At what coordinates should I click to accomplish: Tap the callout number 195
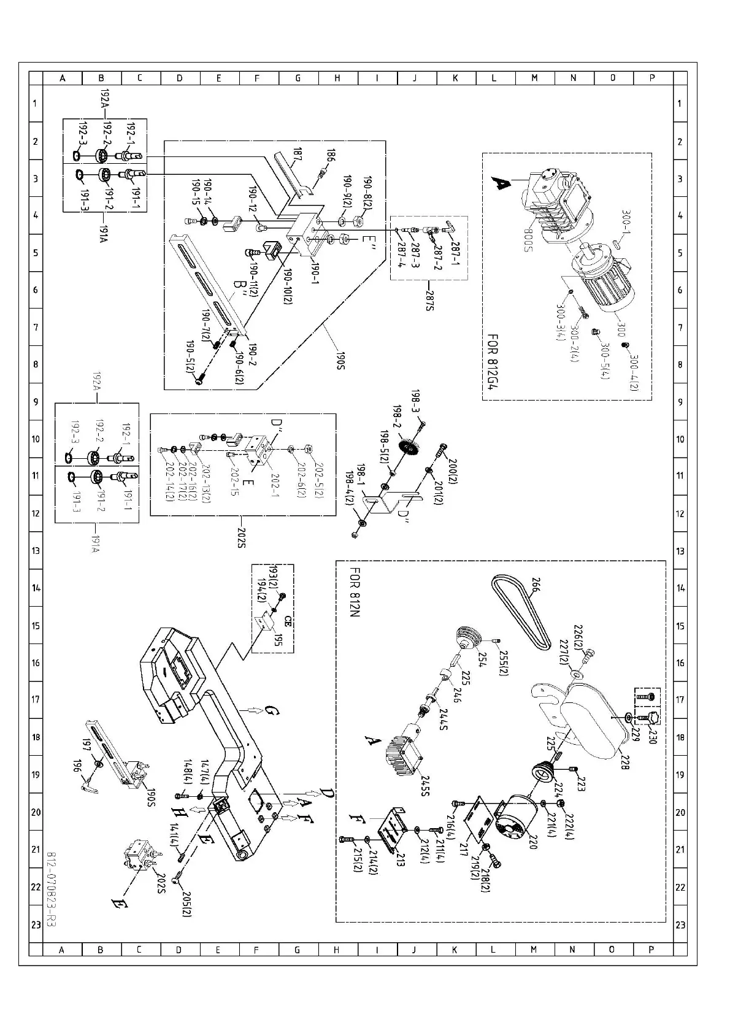click(278, 640)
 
